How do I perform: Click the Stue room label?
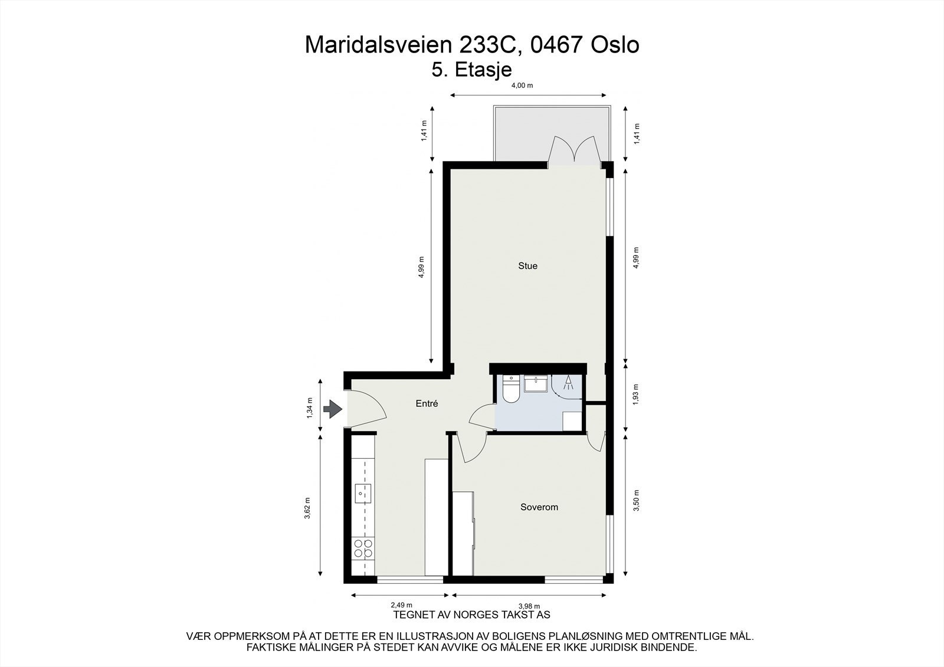[527, 266]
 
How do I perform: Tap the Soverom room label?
[539, 507]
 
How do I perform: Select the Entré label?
[427, 404]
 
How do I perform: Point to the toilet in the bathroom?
[510, 390]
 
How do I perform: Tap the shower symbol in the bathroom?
[568, 384]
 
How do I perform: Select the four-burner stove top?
[362, 548]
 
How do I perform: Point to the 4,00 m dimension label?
[522, 86]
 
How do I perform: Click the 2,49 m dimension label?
[401, 605]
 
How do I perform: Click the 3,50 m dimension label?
[636, 501]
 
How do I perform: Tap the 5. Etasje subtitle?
[471, 70]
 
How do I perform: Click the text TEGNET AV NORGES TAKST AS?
[471, 615]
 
